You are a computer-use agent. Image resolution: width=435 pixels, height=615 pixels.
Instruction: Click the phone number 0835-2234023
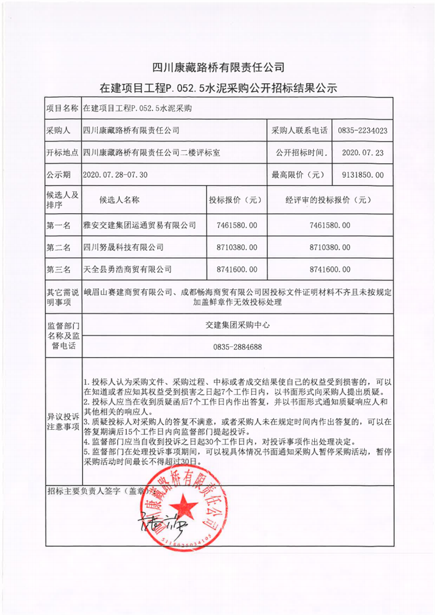coord(362,131)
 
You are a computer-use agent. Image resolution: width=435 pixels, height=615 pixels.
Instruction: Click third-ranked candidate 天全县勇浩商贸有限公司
coord(127,269)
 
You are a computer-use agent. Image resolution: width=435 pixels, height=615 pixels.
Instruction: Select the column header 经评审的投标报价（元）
coord(329,200)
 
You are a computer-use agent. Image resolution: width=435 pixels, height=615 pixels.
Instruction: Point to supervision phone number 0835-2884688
coord(237,346)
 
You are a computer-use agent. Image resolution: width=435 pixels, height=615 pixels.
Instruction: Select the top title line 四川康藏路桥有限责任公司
coord(217,68)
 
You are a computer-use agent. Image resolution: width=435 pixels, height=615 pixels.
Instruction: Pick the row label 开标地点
coord(62,153)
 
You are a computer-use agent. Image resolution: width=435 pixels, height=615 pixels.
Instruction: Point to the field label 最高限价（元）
coord(298,175)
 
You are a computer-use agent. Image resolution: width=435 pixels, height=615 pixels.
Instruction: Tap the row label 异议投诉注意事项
coord(63,421)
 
